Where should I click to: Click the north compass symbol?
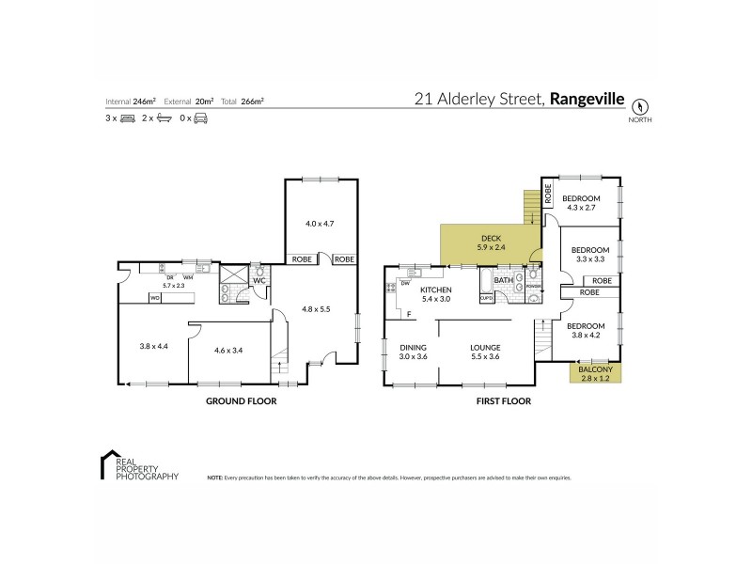click(642, 106)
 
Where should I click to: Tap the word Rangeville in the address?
click(587, 97)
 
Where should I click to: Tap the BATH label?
click(504, 280)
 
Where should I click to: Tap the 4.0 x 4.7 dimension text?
click(321, 224)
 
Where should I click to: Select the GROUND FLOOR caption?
click(241, 400)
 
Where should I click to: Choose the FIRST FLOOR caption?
click(503, 400)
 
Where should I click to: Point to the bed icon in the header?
click(129, 118)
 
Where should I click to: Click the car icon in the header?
click(200, 118)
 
